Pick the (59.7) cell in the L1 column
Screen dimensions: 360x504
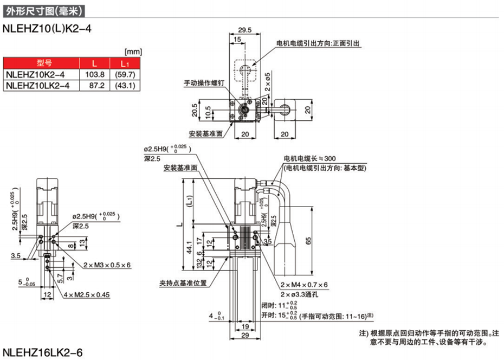point(123,75)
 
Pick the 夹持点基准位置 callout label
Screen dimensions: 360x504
point(182,282)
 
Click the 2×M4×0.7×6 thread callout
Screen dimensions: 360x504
point(303,285)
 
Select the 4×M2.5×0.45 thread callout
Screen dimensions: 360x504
point(86,295)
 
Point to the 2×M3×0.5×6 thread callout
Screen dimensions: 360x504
point(107,265)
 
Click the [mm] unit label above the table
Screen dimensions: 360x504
point(133,52)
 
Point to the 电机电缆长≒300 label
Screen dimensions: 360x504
point(309,159)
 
